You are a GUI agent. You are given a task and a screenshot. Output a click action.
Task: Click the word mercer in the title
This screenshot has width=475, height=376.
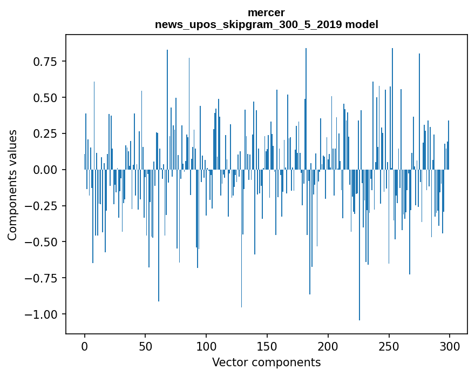tap(266, 12)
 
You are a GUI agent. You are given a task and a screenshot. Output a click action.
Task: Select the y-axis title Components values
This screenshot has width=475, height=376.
tap(12, 185)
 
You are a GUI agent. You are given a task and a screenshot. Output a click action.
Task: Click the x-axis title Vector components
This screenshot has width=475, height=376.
tap(266, 362)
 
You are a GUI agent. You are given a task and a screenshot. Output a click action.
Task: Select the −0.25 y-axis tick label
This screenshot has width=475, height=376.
tap(42, 206)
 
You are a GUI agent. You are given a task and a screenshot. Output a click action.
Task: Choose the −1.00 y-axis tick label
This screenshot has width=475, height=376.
tap(42, 314)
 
